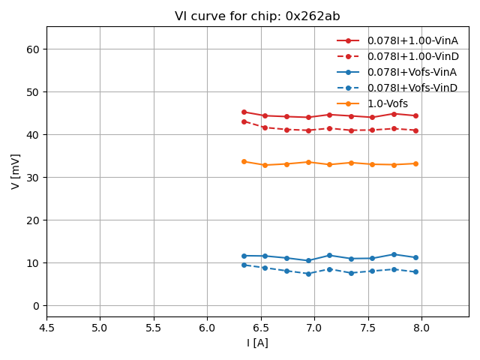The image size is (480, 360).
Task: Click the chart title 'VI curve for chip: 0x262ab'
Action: [x=257, y=16]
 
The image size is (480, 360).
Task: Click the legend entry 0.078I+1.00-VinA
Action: [x=412, y=40]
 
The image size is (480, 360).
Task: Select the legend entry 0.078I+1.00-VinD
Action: [x=412, y=56]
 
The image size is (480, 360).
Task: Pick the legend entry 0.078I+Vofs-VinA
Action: [x=412, y=72]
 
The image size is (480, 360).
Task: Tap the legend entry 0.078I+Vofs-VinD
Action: [x=412, y=88]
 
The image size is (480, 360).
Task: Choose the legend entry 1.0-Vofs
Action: [x=388, y=103]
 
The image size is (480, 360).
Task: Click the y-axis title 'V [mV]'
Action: [x=16, y=171]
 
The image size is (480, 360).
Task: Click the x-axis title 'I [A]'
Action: [x=257, y=343]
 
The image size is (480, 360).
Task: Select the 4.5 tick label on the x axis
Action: [x=46, y=328]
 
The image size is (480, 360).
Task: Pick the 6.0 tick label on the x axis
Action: [x=207, y=328]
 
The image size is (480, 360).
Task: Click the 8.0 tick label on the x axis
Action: [x=421, y=328]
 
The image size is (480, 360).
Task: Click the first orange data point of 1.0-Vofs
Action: [x=244, y=161]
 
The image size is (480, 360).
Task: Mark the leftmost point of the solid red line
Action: [x=244, y=112]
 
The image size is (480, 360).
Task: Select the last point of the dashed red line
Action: [x=415, y=130]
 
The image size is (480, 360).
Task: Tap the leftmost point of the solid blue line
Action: [x=244, y=256]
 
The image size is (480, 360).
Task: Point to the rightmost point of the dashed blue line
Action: [x=415, y=271]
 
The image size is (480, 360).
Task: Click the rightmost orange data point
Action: [x=415, y=163]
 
